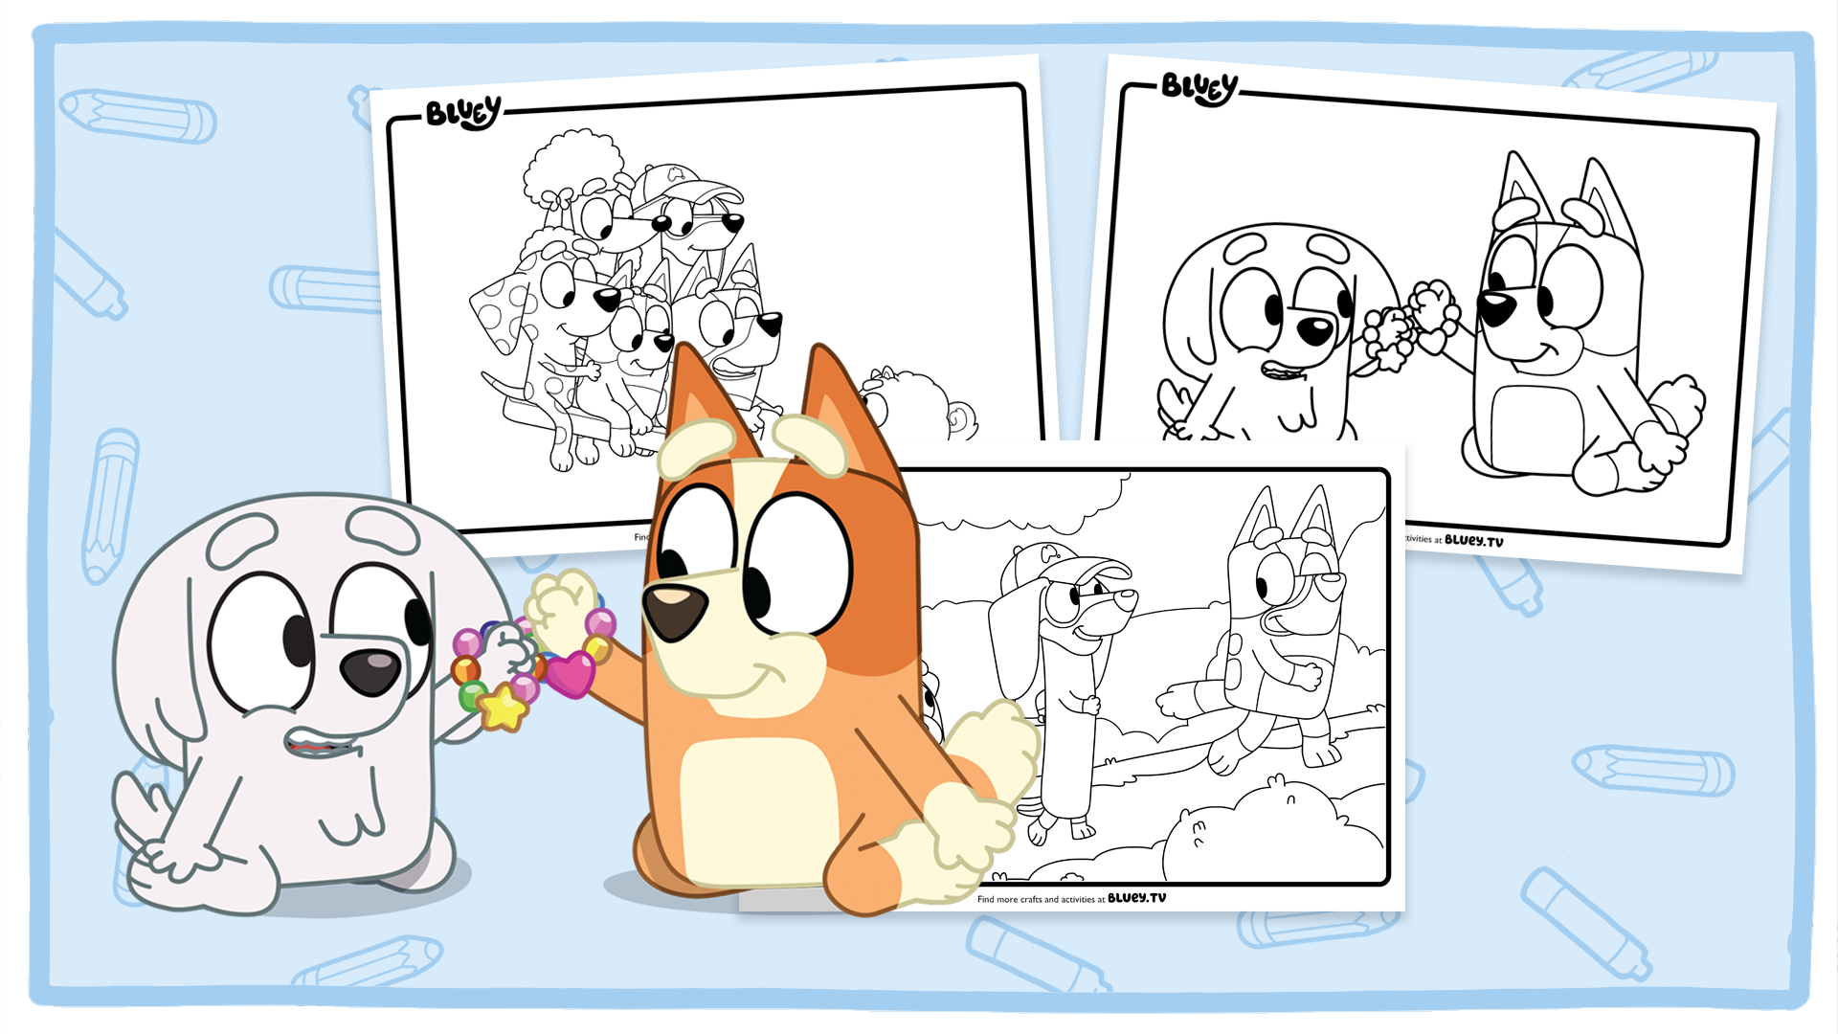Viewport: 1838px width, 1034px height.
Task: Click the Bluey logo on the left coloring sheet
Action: (x=463, y=113)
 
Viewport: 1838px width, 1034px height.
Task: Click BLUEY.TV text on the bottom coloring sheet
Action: (x=1136, y=898)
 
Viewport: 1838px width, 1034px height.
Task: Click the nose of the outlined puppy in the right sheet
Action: (x=1314, y=331)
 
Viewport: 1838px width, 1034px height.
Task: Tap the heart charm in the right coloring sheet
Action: (x=1433, y=341)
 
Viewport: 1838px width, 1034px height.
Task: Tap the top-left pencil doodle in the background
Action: (x=139, y=116)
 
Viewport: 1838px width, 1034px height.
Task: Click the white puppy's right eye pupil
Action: (x=417, y=622)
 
